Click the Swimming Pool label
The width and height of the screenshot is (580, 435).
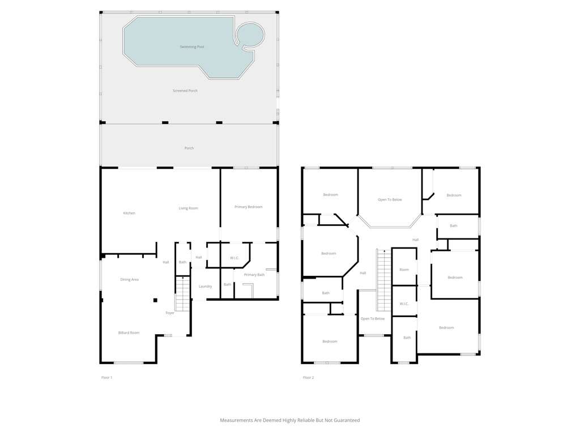pos(192,47)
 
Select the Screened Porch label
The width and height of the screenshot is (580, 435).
pos(185,91)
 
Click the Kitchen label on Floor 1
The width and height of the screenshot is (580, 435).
pos(129,213)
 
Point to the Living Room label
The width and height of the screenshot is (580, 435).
pos(188,208)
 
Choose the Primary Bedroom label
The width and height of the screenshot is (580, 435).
pos(248,207)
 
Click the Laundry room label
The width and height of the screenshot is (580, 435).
pos(205,286)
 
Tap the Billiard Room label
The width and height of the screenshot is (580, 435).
pos(129,332)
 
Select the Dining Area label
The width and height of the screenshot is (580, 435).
pos(130,279)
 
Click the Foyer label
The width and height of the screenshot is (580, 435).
pos(170,313)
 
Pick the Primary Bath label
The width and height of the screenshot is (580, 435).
pos(254,275)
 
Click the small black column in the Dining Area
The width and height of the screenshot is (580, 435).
pos(156,300)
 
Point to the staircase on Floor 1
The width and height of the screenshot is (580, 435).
pos(182,294)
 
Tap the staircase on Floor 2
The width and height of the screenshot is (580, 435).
pos(384,280)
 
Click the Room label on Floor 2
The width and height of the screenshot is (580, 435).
pos(404,270)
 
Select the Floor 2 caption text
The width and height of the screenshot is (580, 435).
pos(308,378)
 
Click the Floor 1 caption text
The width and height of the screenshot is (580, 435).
pos(106,378)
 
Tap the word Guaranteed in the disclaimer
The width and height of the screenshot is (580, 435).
pos(347,420)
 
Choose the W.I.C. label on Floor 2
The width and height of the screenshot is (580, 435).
pos(404,304)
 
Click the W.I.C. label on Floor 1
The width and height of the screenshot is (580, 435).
pos(234,258)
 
